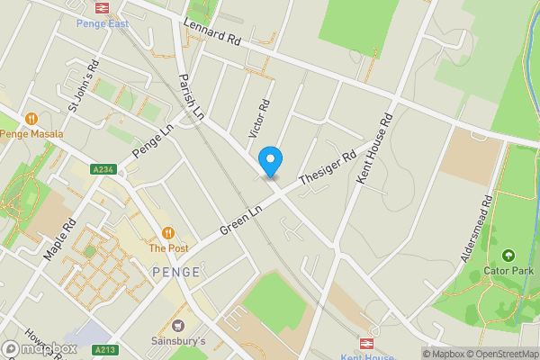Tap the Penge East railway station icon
click(x=101, y=7)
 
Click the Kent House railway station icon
click(x=367, y=343)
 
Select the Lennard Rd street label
click(x=212, y=33)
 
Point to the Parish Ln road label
click(x=191, y=97)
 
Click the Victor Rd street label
click(x=257, y=118)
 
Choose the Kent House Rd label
click(x=374, y=149)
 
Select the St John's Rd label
click(x=82, y=87)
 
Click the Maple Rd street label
click(x=59, y=237)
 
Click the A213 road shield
click(x=104, y=350)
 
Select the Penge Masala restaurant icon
click(x=31, y=118)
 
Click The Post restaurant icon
click(x=167, y=232)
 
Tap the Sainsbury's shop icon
click(x=177, y=326)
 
